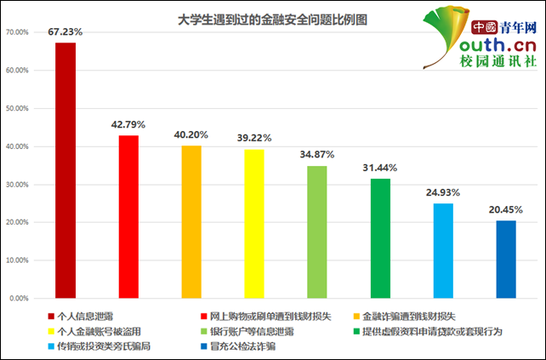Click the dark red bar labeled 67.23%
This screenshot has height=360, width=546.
65,170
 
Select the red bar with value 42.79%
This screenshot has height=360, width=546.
128,216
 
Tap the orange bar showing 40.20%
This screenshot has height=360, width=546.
191,221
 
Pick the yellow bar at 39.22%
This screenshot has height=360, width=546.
254,223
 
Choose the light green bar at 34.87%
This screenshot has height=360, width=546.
317,231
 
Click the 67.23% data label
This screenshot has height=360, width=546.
65,31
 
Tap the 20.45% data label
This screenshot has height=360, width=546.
506,210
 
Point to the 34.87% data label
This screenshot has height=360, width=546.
317,155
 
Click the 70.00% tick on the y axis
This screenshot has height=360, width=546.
17,32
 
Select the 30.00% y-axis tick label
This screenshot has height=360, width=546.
17,185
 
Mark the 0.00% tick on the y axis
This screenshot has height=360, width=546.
19,299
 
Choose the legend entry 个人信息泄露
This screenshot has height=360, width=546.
86,316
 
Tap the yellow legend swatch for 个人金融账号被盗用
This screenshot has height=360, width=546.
51,331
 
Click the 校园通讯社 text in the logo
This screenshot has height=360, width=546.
498,61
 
